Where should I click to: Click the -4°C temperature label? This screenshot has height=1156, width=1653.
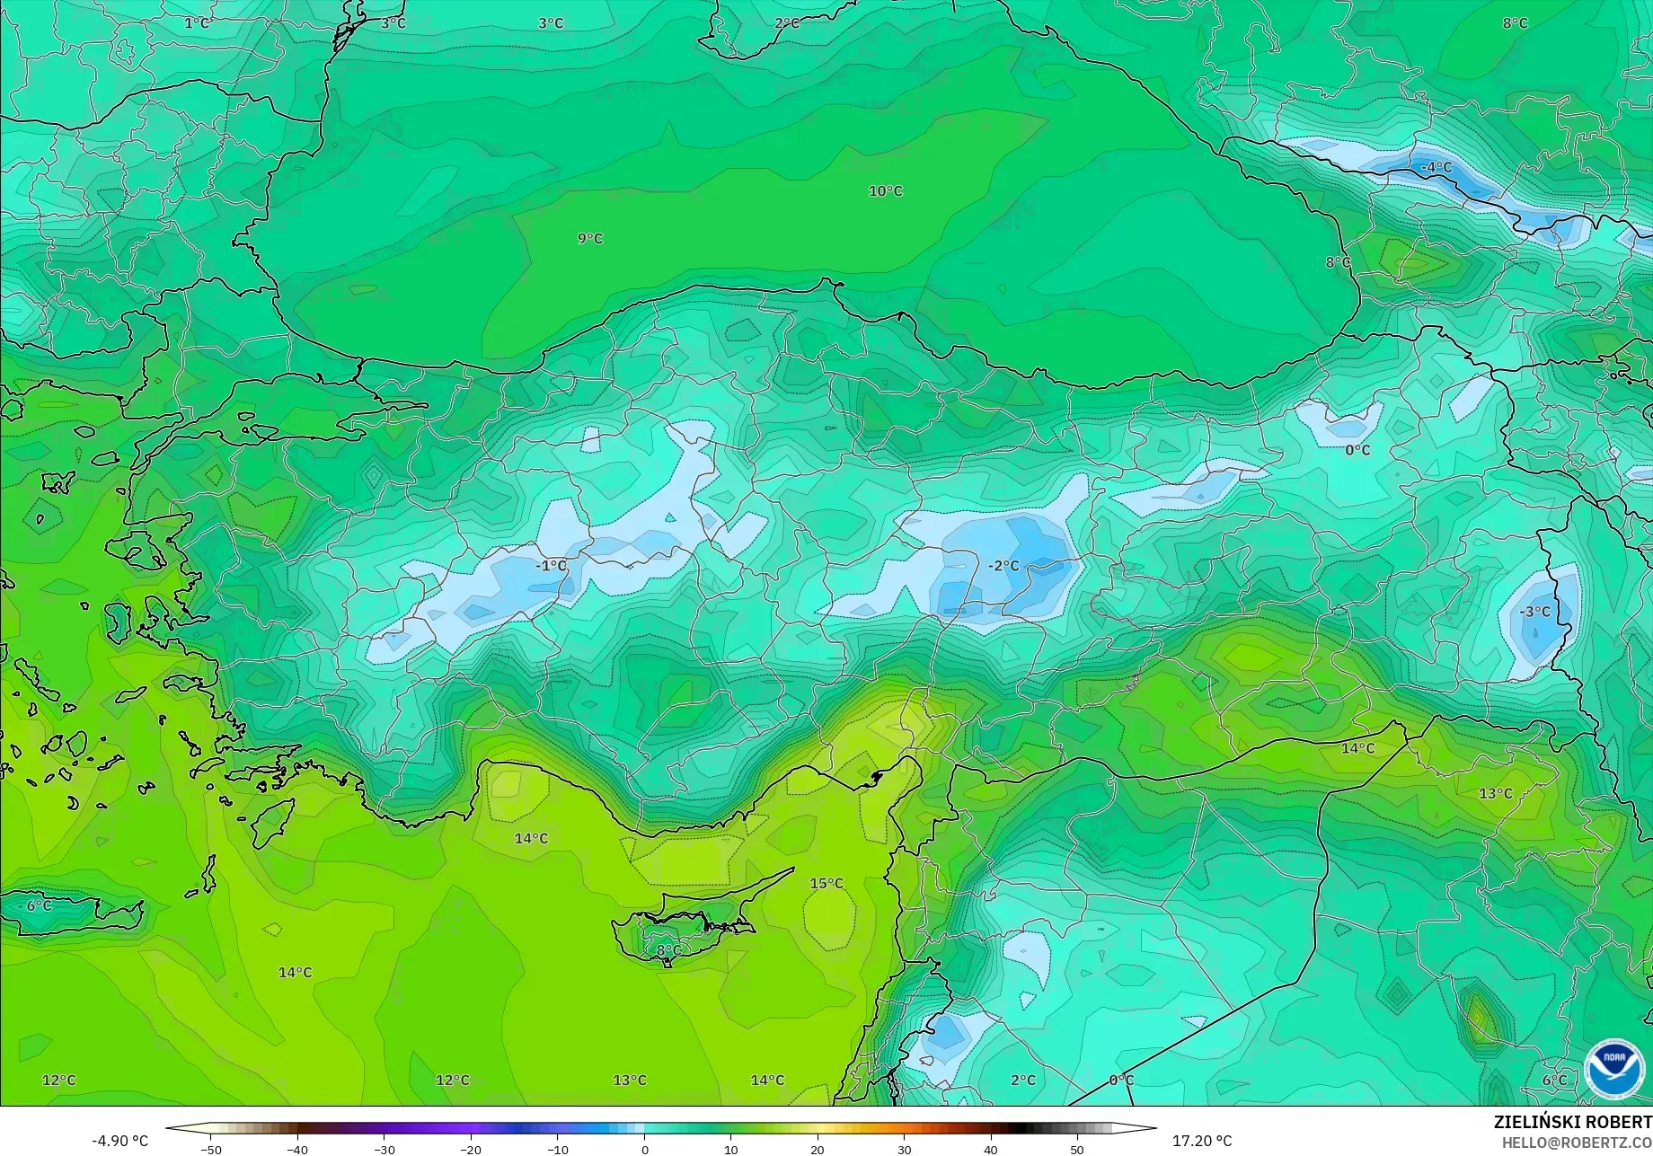point(1436,167)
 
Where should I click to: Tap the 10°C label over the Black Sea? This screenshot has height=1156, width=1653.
point(885,191)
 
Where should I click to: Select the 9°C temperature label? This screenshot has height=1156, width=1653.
point(590,239)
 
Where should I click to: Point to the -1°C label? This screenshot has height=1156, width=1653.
point(551,566)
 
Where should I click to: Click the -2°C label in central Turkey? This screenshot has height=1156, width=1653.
point(1003,566)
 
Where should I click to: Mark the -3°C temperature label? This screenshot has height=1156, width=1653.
point(1534,612)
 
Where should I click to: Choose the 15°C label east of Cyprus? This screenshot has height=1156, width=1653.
point(826,884)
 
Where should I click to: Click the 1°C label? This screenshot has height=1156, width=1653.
point(197,23)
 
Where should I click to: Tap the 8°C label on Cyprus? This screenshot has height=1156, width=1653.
point(668,950)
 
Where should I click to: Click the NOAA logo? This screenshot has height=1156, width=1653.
point(1613,1069)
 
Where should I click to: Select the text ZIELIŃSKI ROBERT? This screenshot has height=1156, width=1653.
point(1572,1123)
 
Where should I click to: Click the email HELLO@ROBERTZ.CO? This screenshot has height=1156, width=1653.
point(1577,1143)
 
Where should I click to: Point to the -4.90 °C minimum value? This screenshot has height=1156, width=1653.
point(119,1141)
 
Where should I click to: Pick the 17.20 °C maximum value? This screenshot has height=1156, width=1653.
point(1202,1141)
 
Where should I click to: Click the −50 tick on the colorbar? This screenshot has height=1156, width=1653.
point(211,1150)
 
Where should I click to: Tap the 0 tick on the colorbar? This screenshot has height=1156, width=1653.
point(644,1150)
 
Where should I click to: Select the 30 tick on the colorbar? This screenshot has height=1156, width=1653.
point(904,1150)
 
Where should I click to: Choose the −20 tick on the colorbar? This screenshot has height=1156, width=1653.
point(471,1150)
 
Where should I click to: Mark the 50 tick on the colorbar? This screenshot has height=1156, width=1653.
point(1077,1150)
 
